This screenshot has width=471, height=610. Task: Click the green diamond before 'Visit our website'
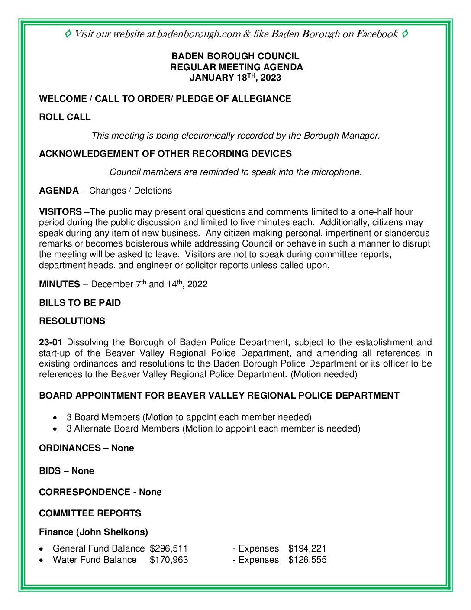click(x=68, y=34)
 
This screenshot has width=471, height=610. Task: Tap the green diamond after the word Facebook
click(x=405, y=34)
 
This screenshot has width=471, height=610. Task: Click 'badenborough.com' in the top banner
click(x=199, y=34)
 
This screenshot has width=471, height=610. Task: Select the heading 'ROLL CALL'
click(x=65, y=117)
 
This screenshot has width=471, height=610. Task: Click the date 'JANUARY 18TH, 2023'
click(x=235, y=78)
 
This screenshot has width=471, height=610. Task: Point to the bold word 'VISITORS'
click(x=60, y=212)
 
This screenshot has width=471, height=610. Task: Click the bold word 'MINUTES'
click(x=59, y=284)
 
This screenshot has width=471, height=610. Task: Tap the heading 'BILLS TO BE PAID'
click(x=80, y=303)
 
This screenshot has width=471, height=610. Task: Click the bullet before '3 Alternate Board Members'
click(x=55, y=429)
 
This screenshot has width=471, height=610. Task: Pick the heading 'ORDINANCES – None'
click(x=87, y=448)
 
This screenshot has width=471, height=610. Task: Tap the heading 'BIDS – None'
click(x=67, y=471)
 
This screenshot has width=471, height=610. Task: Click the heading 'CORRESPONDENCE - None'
click(x=100, y=492)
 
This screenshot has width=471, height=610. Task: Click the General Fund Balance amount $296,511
click(x=169, y=548)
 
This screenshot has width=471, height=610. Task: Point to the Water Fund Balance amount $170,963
click(x=169, y=560)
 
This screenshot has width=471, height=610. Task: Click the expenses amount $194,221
click(x=307, y=548)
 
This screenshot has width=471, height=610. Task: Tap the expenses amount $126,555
click(x=307, y=560)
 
